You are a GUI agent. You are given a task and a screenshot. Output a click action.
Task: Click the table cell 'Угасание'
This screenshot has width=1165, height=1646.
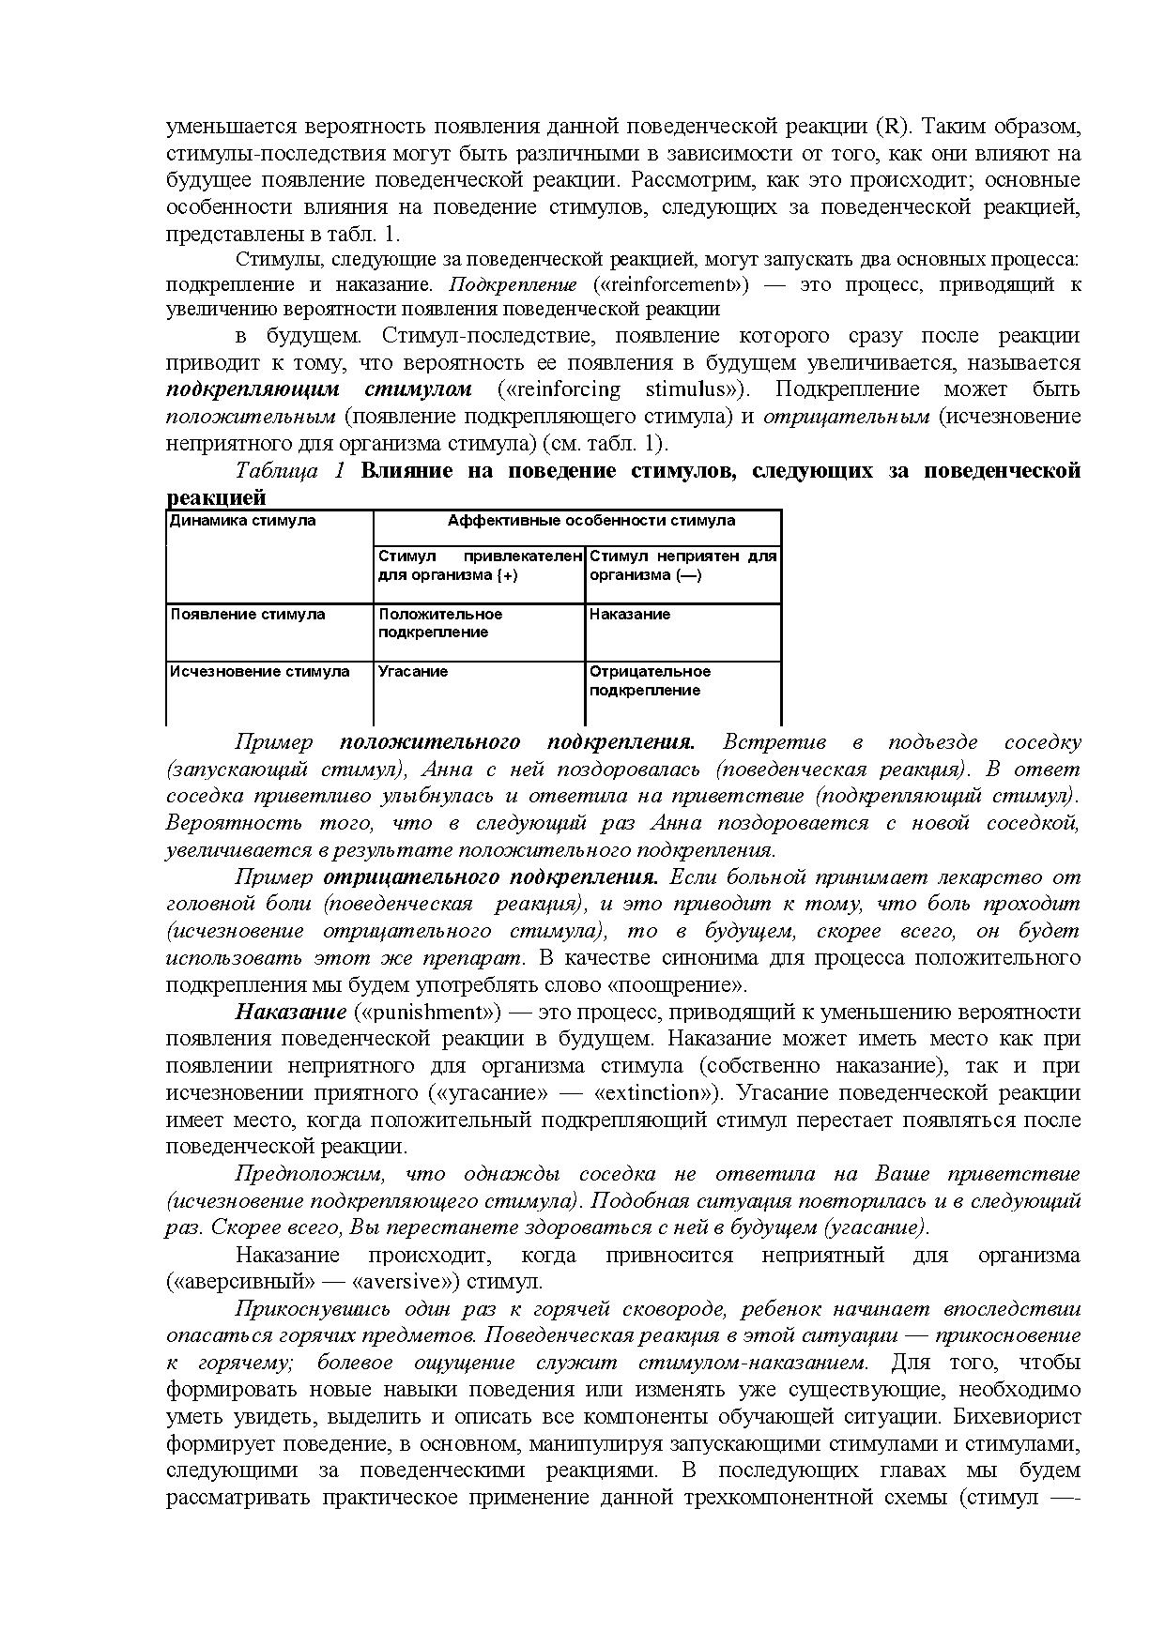[x=413, y=672]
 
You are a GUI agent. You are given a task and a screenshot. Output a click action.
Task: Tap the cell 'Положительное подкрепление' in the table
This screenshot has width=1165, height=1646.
[x=440, y=623]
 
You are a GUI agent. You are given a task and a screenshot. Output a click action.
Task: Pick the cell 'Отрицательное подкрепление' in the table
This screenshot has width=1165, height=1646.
[x=650, y=681]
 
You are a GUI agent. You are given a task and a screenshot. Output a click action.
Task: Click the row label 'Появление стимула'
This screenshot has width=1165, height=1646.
[x=248, y=615]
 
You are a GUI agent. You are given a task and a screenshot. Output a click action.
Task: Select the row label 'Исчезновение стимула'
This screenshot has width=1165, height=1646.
[x=259, y=672]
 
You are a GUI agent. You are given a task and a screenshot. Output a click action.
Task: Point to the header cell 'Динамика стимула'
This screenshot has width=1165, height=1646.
[x=242, y=521]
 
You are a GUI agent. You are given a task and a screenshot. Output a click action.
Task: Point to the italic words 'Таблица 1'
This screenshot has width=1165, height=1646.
[x=291, y=470]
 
